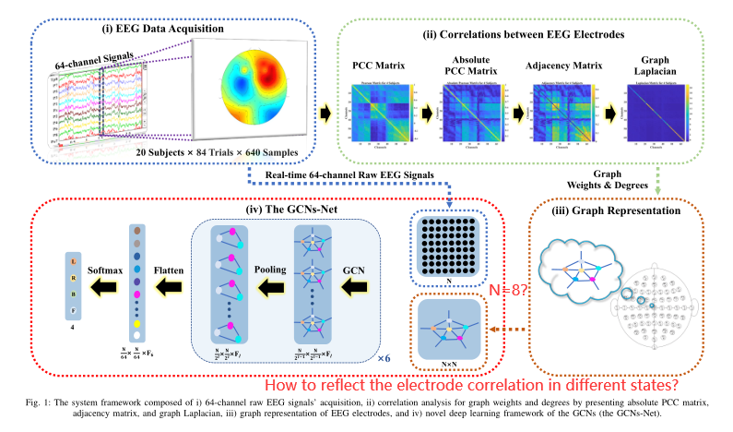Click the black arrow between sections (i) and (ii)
click(x=324, y=113)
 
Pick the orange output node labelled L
click(x=71, y=264)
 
